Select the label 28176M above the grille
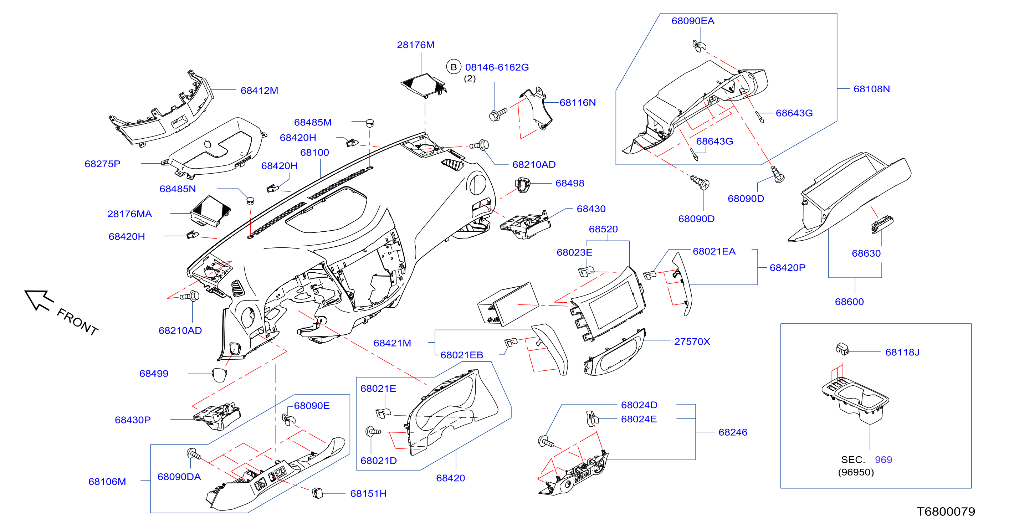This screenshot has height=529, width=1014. tap(415, 45)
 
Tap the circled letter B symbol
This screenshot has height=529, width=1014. tap(454, 67)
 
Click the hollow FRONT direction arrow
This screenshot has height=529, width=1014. tap(39, 300)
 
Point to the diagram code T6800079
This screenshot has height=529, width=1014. tap(946, 511)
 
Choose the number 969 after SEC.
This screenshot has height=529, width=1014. tap(883, 459)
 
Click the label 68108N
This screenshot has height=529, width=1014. tap(871, 89)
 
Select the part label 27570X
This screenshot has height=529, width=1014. tap(692, 341)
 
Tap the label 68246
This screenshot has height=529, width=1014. tap(733, 432)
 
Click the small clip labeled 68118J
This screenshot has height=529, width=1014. tap(842, 348)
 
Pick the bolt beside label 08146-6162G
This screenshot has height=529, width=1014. tap(498, 114)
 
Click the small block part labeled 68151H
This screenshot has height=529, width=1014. tap(317, 492)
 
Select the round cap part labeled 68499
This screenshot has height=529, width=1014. tap(219, 375)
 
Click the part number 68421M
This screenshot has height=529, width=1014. tap(392, 343)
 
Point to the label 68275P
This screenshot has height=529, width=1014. tap(102, 164)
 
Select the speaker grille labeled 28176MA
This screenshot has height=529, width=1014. tap(211, 211)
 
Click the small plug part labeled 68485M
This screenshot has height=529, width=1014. tap(369, 122)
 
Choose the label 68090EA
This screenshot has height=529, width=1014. tap(692, 21)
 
